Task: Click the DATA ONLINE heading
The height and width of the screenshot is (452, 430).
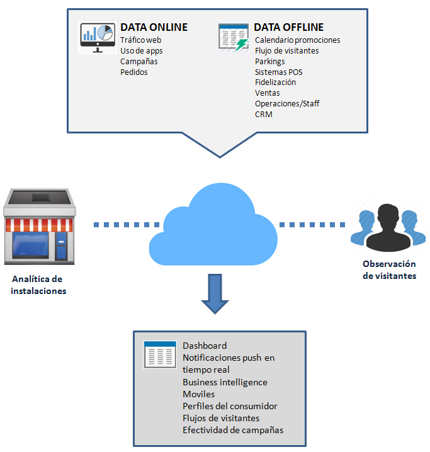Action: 154,28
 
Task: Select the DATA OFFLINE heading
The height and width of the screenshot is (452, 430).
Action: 288,28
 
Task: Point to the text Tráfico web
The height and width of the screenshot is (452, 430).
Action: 141,40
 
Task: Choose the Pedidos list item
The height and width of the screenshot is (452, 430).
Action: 133,72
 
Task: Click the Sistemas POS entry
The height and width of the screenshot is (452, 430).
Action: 278,72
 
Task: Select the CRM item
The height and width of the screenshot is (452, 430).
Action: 263,115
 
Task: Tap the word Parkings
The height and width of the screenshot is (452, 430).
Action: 269,62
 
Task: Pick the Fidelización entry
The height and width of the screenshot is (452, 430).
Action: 275,82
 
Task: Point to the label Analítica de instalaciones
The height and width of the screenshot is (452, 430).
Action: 38,285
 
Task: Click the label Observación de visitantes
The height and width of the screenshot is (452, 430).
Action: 389,270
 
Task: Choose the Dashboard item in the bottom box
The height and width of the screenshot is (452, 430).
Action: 205,346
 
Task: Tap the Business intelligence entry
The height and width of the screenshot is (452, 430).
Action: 225,382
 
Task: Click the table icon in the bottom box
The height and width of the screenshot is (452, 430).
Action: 159,354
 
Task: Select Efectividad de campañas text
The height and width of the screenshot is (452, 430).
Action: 233,430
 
